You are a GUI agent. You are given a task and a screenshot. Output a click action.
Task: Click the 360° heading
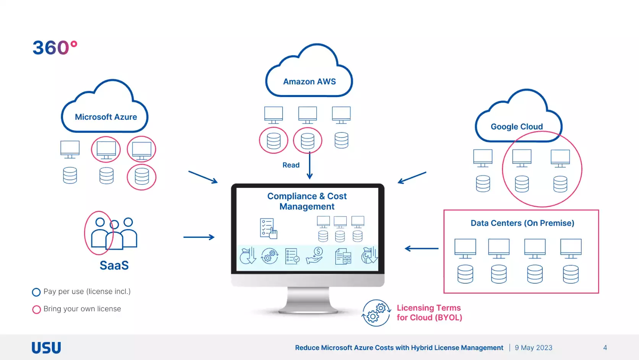pos(55,48)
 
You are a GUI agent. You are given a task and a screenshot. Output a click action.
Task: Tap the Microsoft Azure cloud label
pos(106,117)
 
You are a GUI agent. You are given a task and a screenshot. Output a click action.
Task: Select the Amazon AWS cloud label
pos(309,81)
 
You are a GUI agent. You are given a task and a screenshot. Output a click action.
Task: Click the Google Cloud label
pos(516,126)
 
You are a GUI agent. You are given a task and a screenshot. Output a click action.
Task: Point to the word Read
pos(291,165)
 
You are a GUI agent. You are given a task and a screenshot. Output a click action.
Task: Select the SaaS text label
pos(114,265)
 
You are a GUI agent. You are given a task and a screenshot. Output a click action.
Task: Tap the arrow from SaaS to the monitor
pos(199,237)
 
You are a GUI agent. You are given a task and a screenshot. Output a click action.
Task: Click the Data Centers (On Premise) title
pos(522,223)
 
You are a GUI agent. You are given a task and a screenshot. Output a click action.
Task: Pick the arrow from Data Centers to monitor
pos(421,249)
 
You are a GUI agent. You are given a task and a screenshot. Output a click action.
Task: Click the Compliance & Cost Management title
pos(307,201)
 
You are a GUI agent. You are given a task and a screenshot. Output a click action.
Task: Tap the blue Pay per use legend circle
pos(36,292)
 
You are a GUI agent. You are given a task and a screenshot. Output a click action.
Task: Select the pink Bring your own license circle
pos(36,309)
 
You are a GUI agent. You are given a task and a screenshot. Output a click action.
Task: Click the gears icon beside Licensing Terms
pos(376,313)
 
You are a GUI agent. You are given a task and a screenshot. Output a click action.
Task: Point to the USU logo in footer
pos(46,348)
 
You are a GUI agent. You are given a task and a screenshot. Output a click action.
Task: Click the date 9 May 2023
pos(533,348)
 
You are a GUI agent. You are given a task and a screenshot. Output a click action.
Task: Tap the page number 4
pos(605,348)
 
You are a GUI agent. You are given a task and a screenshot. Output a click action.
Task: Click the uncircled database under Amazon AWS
pos(341,140)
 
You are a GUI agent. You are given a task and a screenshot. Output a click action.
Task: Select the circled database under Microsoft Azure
pos(142,177)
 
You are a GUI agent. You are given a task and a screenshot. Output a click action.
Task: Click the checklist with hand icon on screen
pos(268,229)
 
